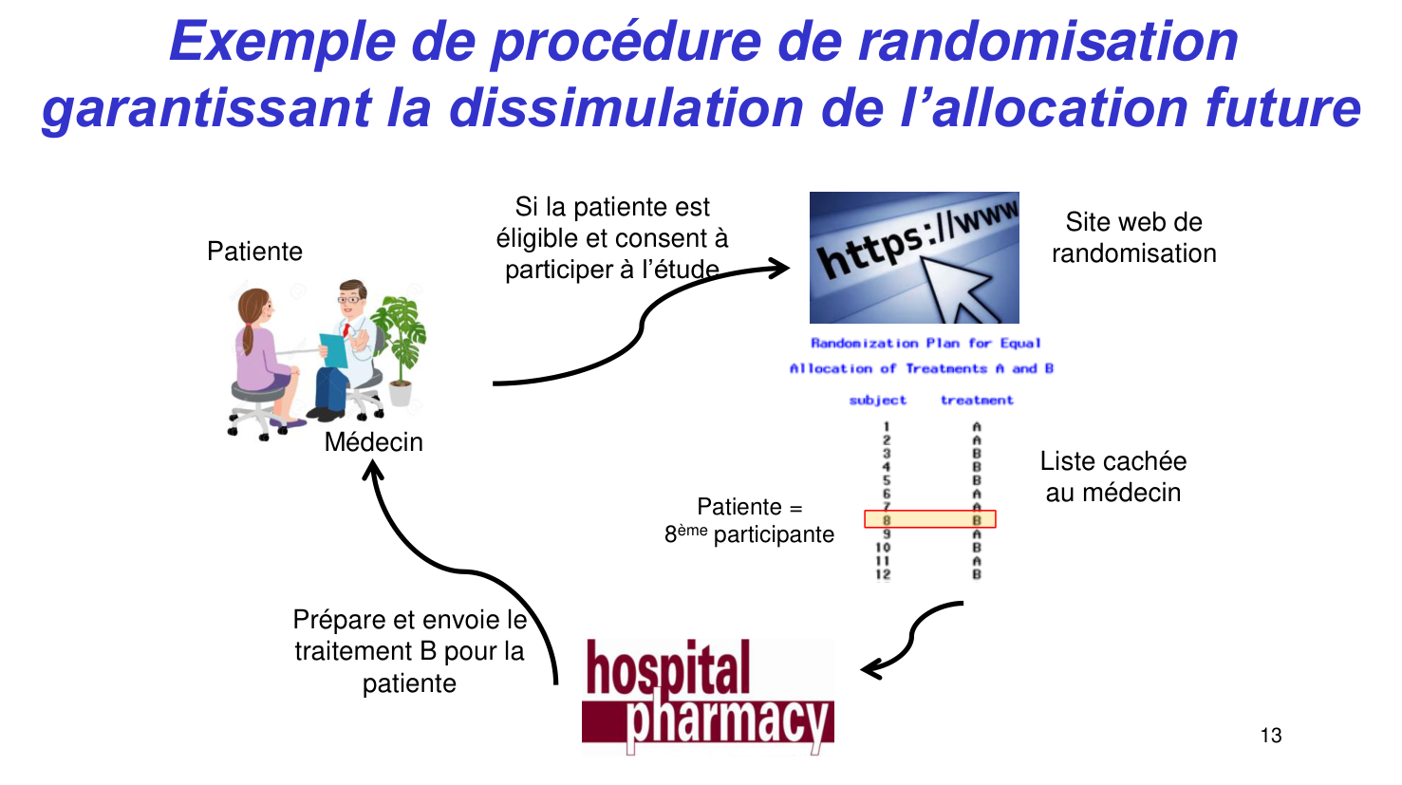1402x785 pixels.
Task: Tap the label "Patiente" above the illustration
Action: pos(254,252)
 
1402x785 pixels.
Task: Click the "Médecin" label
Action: pos(373,442)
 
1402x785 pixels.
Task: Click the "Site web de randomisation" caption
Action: pos(1133,237)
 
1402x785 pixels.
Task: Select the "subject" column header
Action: pos(877,401)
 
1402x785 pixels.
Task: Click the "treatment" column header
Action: pos(977,401)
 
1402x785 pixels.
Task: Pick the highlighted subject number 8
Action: pos(887,520)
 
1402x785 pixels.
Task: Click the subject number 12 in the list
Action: pos(883,574)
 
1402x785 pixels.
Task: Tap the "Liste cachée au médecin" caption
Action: pos(1113,477)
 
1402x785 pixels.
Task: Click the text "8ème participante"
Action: pos(749,534)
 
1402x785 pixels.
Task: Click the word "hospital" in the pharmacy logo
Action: pos(668,668)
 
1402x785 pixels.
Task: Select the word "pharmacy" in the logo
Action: pos(728,721)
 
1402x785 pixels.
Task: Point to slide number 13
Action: pos(1271,736)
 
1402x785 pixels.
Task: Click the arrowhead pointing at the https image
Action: pos(780,268)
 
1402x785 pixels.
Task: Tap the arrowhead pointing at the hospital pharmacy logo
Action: pos(871,669)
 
